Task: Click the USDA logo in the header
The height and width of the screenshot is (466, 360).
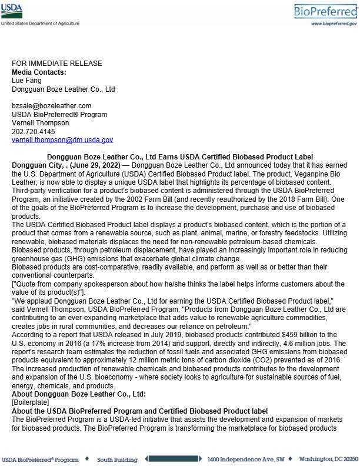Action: click(12, 11)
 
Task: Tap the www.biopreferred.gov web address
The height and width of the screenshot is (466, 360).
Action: click(334, 24)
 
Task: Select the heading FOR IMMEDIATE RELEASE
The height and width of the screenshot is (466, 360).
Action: click(57, 64)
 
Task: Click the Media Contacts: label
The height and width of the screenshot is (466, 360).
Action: click(39, 72)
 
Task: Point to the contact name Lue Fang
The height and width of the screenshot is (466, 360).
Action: click(26, 81)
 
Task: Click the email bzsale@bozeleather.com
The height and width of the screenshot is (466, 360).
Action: click(52, 106)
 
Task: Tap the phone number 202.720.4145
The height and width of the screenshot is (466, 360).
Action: click(34, 131)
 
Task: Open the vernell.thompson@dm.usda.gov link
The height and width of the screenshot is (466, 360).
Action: click(62, 140)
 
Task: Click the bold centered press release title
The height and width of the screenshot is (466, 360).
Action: click(179, 157)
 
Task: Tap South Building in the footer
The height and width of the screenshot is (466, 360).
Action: click(117, 459)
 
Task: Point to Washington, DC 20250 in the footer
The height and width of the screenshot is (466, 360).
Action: click(328, 459)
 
